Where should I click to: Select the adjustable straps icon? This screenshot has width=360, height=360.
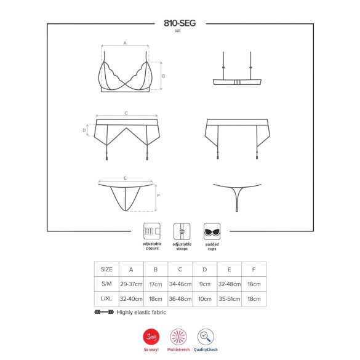click(181, 231)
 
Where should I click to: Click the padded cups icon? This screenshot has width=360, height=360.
click(212, 231)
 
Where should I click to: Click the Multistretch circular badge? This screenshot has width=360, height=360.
click(180, 337)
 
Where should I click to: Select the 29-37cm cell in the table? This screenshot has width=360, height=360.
click(130, 285)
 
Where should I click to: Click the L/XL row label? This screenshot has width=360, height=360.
click(106, 300)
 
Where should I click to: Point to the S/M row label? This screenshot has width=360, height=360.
click(106, 285)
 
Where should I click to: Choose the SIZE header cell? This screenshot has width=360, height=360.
click(106, 270)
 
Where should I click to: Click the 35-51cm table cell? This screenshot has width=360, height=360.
click(229, 300)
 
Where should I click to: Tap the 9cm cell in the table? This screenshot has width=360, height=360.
click(204, 285)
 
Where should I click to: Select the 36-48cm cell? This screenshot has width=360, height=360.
click(180, 300)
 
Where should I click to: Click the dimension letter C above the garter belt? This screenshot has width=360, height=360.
click(126, 113)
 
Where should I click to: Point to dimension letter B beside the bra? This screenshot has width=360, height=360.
click(162, 76)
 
